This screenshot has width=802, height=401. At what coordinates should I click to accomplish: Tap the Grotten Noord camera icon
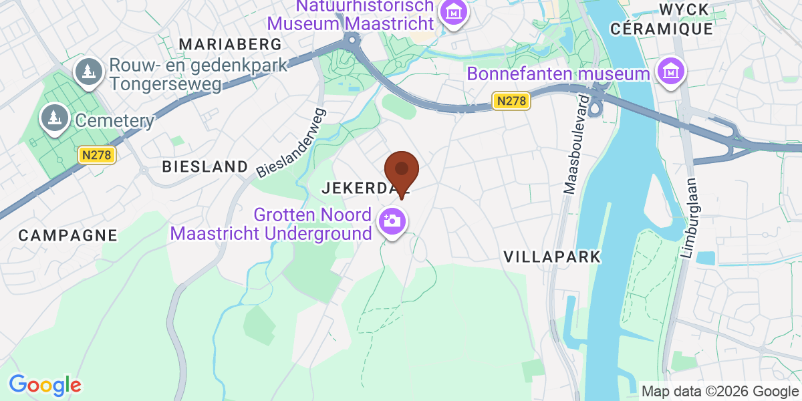point(392,221)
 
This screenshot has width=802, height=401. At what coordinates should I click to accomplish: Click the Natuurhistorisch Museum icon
point(454,12)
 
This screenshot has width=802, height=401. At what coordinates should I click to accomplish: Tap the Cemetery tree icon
point(52,119)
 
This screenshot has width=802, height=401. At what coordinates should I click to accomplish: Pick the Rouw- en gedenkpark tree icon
point(87,71)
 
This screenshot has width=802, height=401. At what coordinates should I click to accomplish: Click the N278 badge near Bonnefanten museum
point(512,101)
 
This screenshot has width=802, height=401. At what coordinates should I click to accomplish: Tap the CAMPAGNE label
point(68,235)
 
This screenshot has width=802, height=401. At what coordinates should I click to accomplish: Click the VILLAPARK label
point(552,257)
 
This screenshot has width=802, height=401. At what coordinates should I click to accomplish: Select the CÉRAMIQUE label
point(662,29)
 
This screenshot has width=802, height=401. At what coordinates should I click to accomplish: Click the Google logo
point(45,385)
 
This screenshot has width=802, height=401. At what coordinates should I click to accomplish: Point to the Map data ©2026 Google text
point(720,391)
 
